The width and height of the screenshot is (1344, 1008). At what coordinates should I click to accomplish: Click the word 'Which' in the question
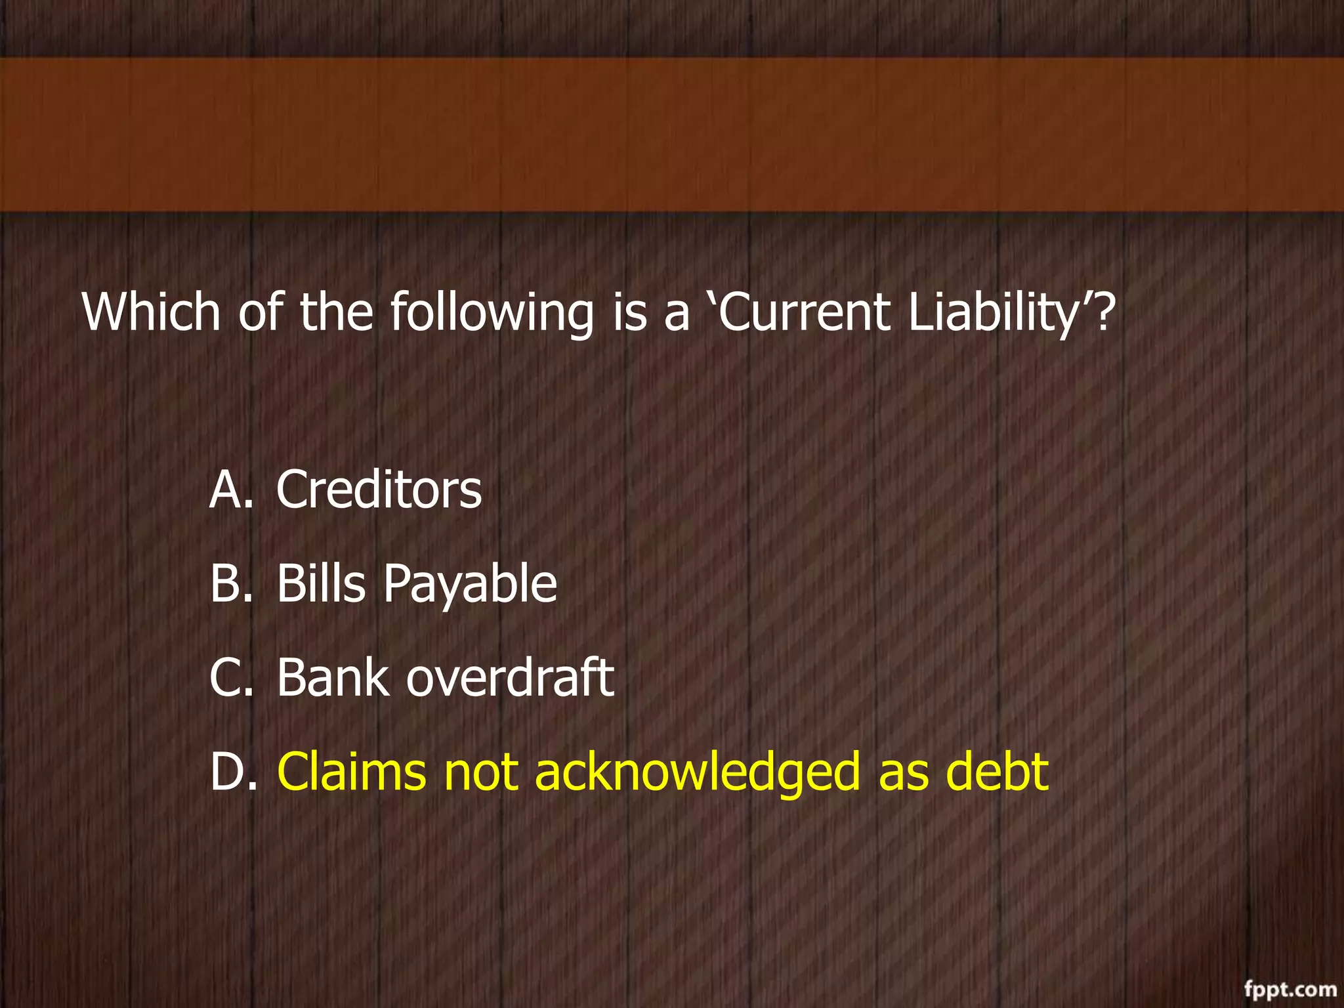click(151, 312)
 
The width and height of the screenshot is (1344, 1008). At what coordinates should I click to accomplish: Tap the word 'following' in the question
click(492, 314)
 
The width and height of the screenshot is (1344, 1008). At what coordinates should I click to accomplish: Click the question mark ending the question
click(1104, 312)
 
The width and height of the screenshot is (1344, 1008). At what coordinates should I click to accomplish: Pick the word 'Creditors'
click(379, 490)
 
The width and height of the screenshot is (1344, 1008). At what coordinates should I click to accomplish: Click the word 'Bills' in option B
click(320, 583)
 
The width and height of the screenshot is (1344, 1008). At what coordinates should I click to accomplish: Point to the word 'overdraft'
click(510, 678)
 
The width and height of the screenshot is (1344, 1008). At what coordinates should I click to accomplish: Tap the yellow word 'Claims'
click(351, 772)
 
